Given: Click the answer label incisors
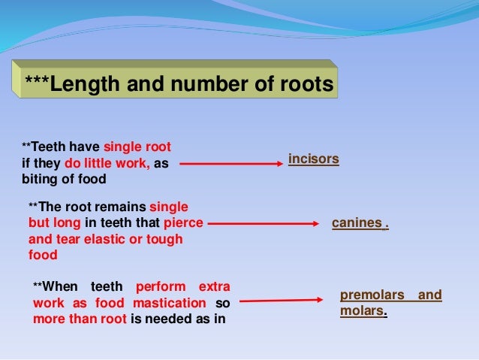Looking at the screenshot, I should pos(314,159).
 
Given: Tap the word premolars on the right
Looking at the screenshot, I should pos(372,295).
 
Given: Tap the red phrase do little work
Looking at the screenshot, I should pos(107,162).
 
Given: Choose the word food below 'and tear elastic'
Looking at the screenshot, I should pos(42,255).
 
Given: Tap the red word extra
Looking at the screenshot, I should pos(214,287).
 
